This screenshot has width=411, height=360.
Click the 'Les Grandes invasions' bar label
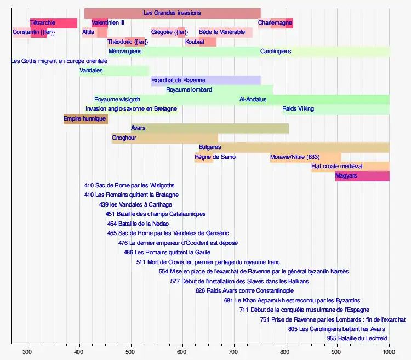coord(172,13)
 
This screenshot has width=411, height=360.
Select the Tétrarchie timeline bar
coord(54,23)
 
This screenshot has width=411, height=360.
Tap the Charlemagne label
coord(275,23)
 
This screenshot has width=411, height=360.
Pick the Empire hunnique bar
coord(85,119)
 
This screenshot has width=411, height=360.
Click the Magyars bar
coord(362,176)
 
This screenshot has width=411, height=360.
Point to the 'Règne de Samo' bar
coord(204,157)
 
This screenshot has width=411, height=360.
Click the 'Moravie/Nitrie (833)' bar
coord(305,157)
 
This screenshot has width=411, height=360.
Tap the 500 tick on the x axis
coord(131,352)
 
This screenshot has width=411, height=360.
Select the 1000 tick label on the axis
coord(389,352)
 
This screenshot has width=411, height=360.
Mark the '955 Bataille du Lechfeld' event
coord(357,338)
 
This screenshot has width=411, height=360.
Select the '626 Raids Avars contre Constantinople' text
coord(244,290)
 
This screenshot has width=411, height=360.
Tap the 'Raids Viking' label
coord(298,109)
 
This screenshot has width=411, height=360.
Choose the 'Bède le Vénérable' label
coord(222,32)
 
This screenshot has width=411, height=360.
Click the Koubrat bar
coord(201,42)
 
